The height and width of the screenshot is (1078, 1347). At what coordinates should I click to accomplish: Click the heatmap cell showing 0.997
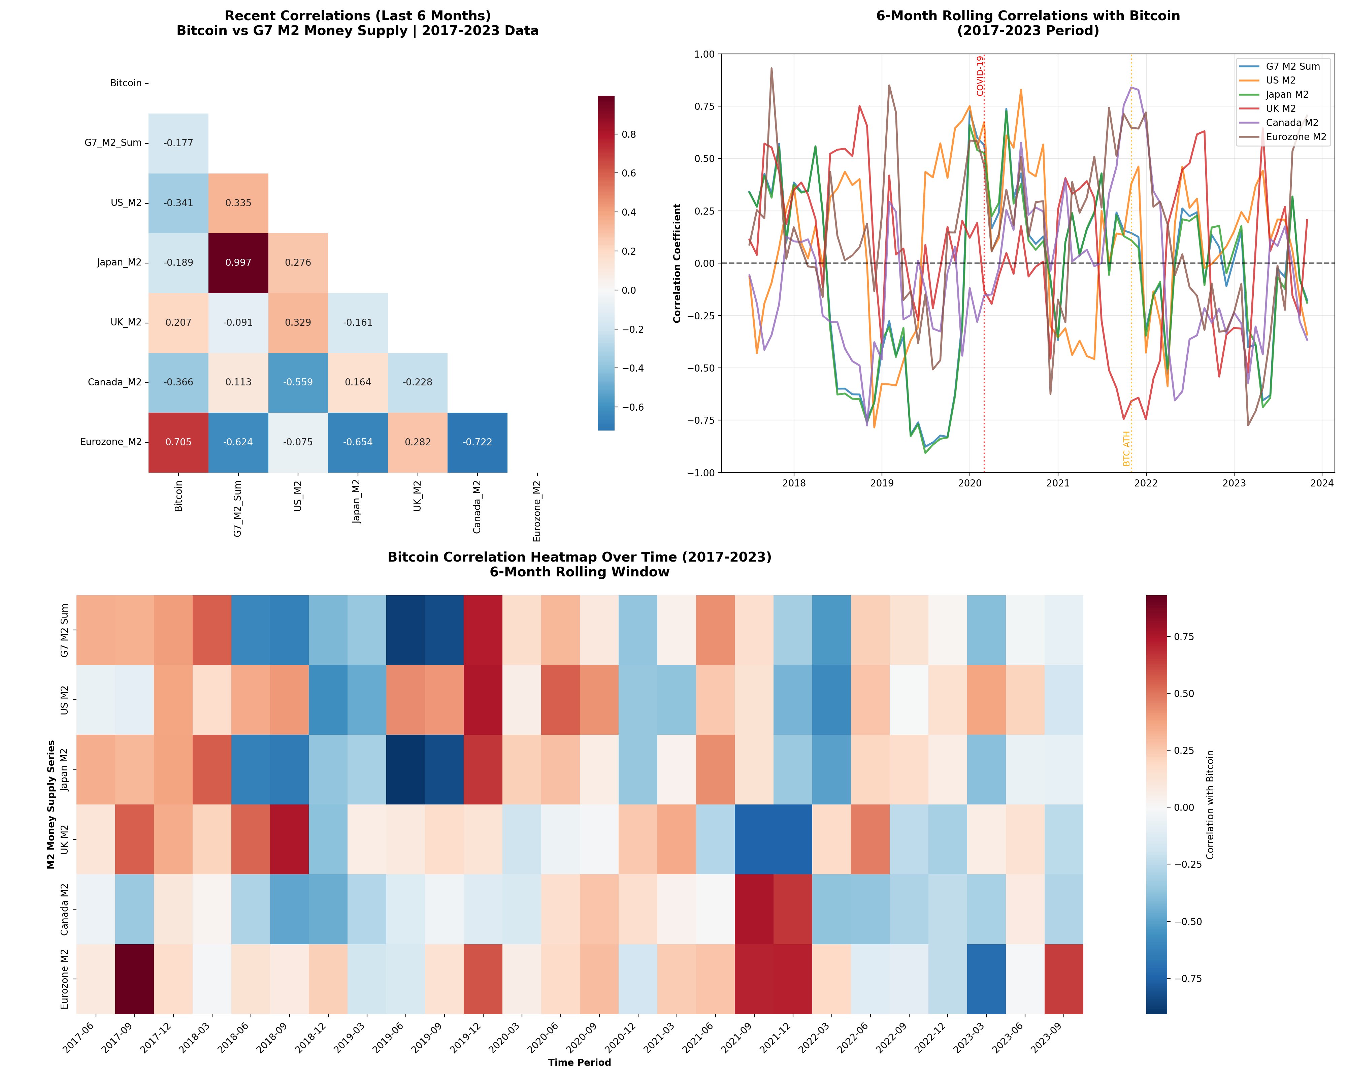[x=238, y=262]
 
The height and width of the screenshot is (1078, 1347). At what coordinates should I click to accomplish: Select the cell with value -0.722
[x=477, y=442]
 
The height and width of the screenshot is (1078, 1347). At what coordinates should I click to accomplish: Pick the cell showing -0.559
[x=298, y=382]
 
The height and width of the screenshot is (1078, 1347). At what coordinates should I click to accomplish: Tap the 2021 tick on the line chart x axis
[x=1058, y=483]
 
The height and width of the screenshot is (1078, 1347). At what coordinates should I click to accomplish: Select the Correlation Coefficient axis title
[x=677, y=263]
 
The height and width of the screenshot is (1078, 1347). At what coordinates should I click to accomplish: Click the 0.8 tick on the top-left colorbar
[x=628, y=134]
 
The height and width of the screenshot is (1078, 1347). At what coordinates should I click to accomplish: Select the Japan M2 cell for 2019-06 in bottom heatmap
[x=405, y=769]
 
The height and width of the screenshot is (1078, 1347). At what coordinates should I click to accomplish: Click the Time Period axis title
[x=579, y=1062]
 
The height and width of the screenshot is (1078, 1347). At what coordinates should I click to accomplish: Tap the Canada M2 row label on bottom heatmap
[x=64, y=909]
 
